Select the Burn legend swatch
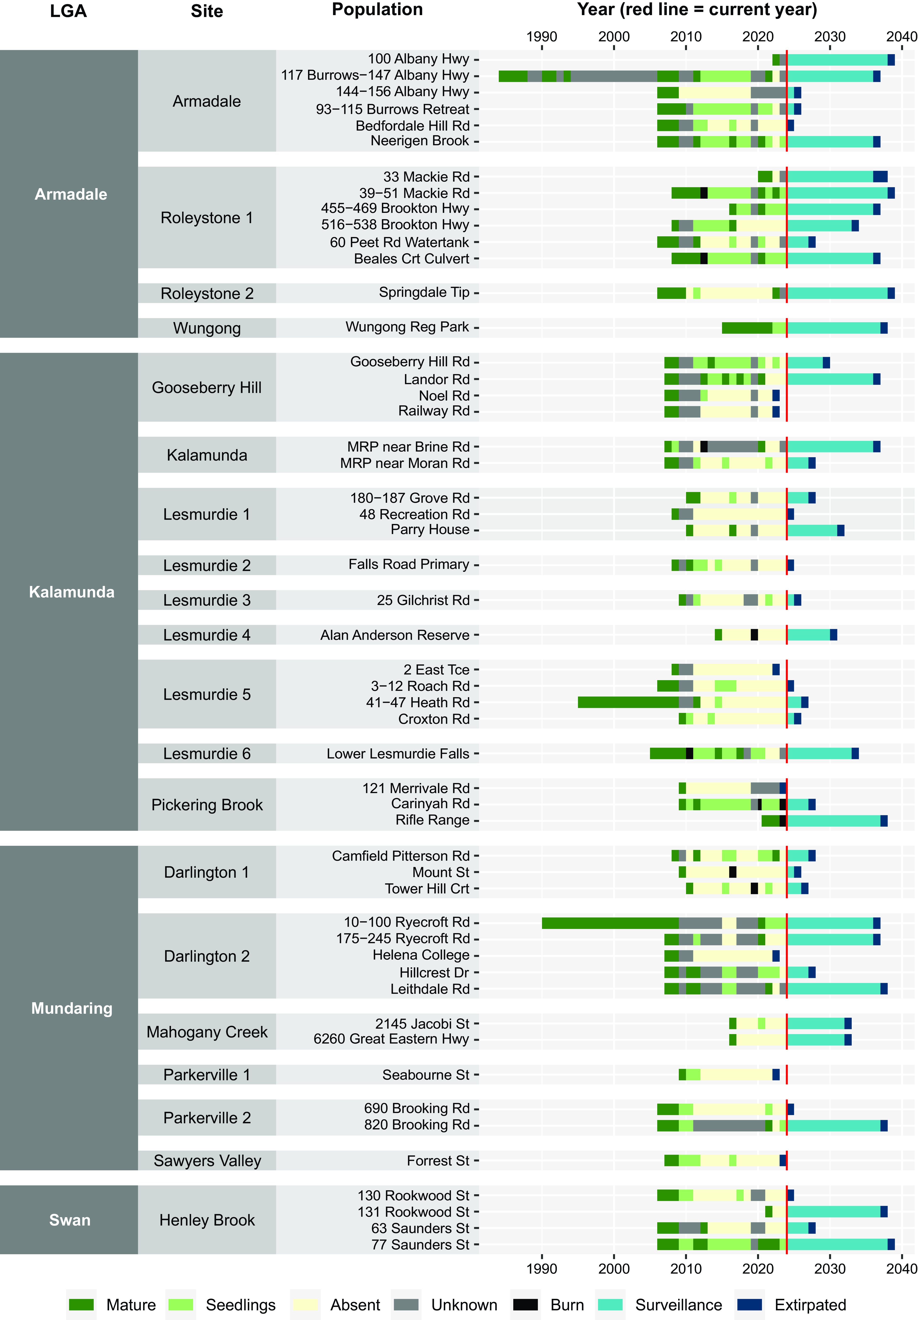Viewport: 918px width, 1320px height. coord(525,1304)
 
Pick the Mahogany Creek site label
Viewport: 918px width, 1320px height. coord(207,1032)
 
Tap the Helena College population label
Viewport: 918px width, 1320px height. coord(421,955)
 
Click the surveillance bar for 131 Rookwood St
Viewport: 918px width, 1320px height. coord(833,1211)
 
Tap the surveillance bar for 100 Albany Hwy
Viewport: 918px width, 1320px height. coord(837,59)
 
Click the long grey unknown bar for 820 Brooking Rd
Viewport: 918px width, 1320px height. coord(729,1125)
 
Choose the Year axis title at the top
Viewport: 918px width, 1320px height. coord(697,10)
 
